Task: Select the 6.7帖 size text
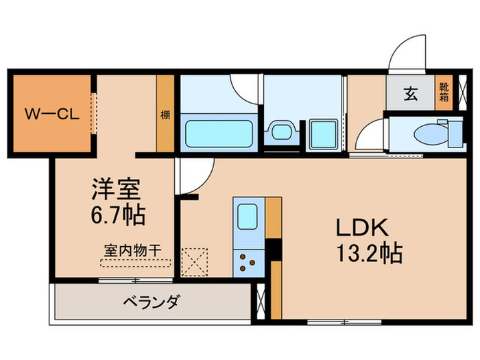(x=118, y=215)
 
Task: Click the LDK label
(x=362, y=227)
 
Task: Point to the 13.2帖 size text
(x=368, y=253)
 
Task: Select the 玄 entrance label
(x=410, y=95)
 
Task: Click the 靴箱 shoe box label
(x=444, y=93)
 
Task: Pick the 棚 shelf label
(x=165, y=115)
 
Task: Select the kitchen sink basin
(x=248, y=219)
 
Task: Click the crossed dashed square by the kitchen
(x=194, y=261)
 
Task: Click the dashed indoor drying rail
(x=134, y=262)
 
